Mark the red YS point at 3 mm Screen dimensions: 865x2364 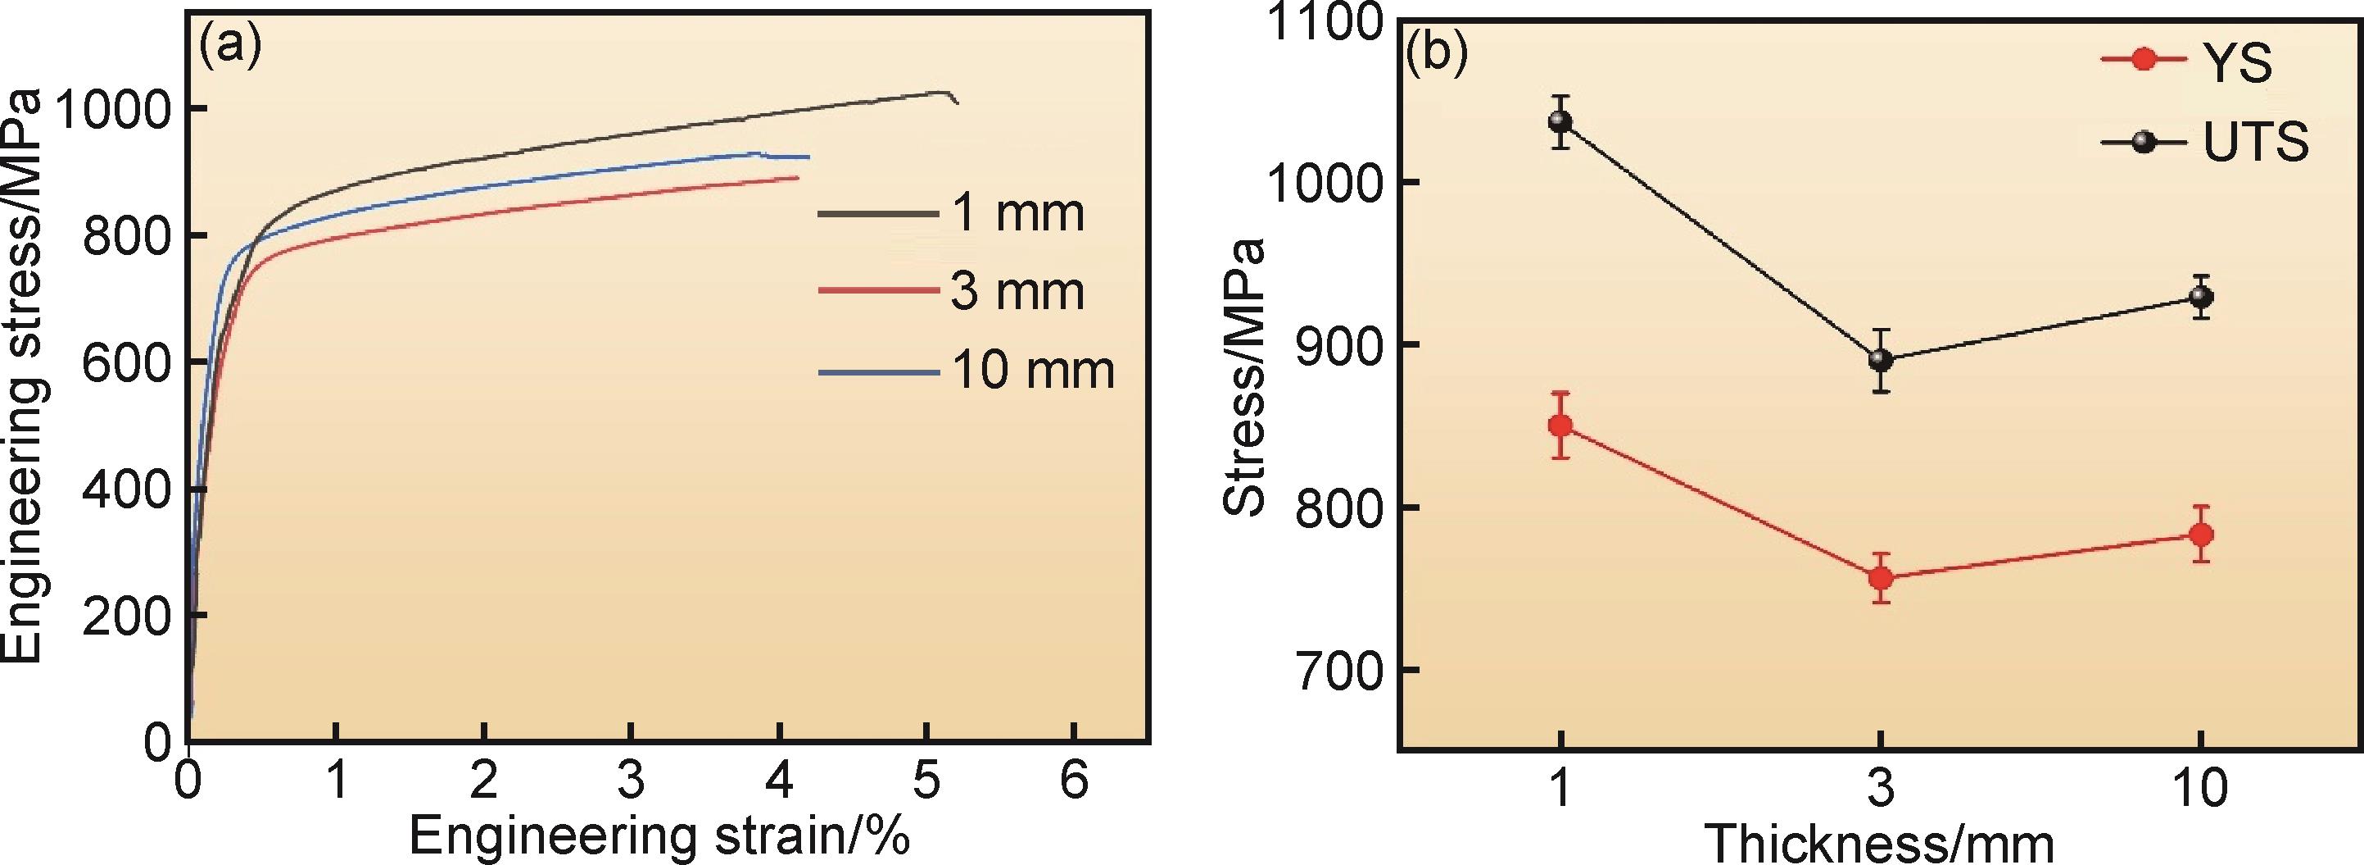1881,577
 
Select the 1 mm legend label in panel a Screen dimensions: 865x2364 1017,213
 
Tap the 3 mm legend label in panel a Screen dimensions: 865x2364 1017,292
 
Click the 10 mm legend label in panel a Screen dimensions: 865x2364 1032,371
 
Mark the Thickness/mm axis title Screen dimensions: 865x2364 1878,842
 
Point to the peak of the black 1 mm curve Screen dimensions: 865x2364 943,92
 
